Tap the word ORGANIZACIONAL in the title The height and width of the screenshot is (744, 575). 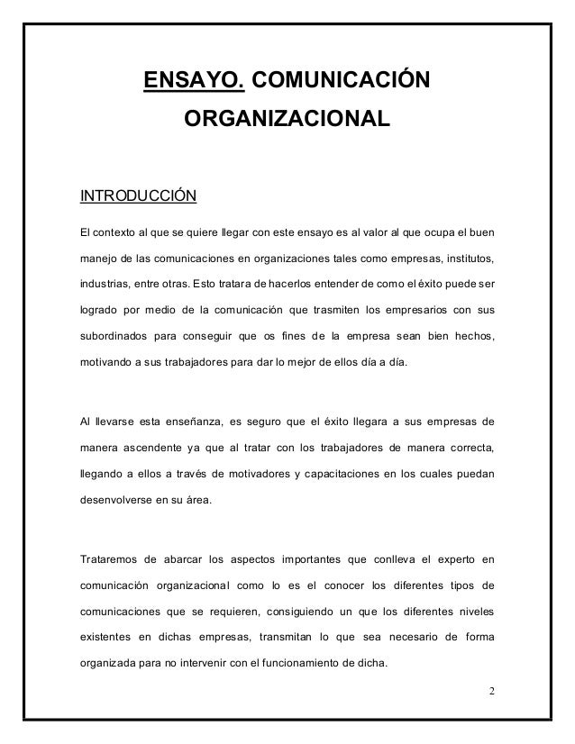coord(287,120)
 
